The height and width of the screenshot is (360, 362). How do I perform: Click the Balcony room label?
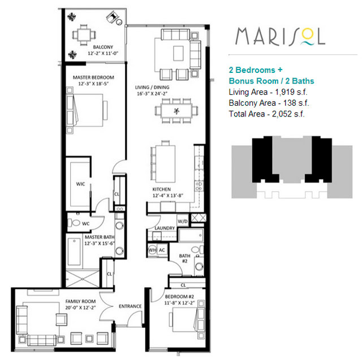(103, 47)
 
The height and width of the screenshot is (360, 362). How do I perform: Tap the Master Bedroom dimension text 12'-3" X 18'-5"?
(93, 84)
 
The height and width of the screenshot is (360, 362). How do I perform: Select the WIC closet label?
(80, 184)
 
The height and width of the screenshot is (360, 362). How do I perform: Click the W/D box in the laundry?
(183, 222)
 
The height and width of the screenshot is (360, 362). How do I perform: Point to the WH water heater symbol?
(152, 250)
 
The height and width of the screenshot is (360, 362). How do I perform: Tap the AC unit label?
(162, 250)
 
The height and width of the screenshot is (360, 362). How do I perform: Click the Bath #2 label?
(185, 258)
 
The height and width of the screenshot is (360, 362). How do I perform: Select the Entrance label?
(130, 306)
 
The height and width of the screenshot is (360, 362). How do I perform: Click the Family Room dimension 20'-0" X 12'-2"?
(80, 307)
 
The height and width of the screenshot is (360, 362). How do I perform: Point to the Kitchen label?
(162, 189)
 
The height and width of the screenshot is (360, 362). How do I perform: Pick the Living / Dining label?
(152, 88)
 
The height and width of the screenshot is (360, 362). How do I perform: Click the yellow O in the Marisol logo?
(308, 35)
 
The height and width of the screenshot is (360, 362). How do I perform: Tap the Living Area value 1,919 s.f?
(291, 92)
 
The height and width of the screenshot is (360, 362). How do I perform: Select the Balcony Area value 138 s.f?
(296, 103)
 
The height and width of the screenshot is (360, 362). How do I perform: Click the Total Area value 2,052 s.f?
(288, 114)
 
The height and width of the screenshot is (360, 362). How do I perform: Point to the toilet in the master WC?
(74, 223)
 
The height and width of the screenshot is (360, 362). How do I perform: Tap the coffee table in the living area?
(179, 53)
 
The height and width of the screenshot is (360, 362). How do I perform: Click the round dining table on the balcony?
(84, 35)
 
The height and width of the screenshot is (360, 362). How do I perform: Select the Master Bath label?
(100, 237)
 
